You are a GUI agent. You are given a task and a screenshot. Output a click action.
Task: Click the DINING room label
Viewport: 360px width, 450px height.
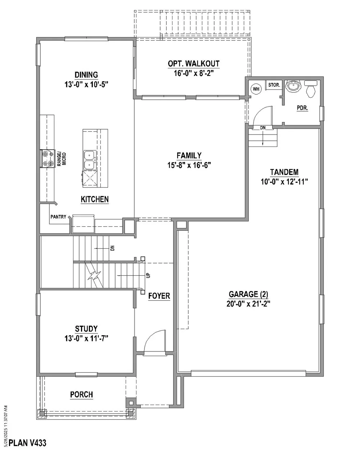86,75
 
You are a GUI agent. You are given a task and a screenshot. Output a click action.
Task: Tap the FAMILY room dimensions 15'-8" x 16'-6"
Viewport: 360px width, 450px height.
189,165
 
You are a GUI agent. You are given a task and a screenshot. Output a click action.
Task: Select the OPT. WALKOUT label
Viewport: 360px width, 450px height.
194,64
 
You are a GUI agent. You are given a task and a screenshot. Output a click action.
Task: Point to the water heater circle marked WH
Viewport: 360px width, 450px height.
256,89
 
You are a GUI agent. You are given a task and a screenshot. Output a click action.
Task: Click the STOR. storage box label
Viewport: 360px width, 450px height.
274,85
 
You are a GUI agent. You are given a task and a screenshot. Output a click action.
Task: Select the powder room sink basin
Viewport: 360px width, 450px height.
293,86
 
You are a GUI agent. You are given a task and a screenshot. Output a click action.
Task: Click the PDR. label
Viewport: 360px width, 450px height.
302,108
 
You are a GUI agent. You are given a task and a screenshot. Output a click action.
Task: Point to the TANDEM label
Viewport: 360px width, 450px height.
284,172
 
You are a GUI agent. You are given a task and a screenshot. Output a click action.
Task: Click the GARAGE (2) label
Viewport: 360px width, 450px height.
248,294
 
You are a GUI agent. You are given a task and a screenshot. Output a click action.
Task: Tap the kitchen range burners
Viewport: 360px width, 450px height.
48,159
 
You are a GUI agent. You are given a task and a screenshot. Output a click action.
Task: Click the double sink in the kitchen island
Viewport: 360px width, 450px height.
90,160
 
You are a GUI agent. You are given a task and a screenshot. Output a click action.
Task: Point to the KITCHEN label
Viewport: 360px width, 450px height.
95,199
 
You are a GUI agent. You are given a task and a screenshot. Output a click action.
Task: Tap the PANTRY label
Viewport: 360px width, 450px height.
58,217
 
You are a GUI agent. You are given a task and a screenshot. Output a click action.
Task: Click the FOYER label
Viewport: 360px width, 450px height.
159,296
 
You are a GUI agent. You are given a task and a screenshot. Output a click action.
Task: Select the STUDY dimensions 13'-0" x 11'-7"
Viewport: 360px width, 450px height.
86,338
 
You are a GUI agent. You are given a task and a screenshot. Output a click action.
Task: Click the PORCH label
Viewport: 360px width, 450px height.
82,395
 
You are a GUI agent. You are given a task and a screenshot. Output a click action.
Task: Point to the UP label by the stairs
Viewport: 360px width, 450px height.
148,275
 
